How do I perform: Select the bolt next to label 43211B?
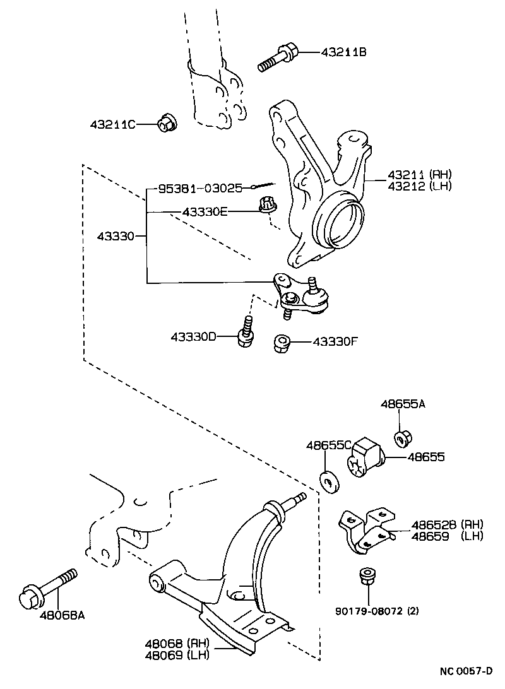[276, 58]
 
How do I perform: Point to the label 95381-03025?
[199, 187]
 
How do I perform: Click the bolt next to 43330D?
[245, 333]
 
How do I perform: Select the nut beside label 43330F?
[282, 343]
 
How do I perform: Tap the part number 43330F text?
[335, 342]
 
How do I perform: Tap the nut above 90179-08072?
[365, 576]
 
